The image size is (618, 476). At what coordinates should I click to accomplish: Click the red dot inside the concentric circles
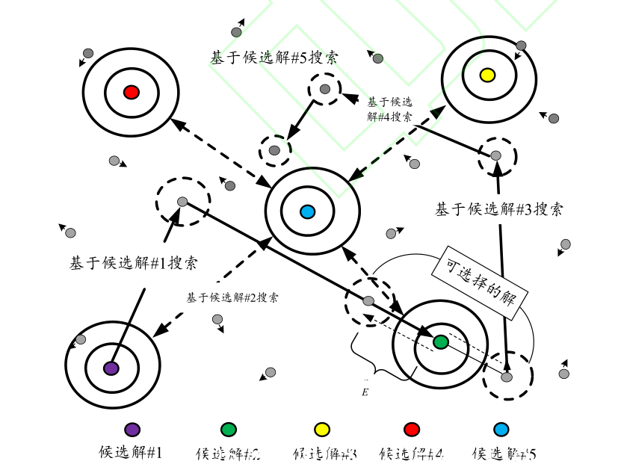(131, 93)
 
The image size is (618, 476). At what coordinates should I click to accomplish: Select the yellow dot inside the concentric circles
(487, 75)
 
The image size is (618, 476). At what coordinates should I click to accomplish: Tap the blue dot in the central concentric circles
(306, 212)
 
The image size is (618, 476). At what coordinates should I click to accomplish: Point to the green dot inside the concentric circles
(441, 342)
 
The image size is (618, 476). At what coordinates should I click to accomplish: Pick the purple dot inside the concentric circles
(111, 368)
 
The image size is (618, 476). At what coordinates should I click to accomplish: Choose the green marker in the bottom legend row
(229, 429)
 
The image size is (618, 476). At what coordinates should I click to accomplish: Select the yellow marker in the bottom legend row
(322, 429)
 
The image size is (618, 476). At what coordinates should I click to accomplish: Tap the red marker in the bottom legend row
(411, 429)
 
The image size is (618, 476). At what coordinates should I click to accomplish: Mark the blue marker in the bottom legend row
(501, 429)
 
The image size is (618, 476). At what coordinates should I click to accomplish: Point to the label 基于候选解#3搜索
(498, 209)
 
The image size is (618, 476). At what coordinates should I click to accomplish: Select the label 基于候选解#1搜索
(134, 263)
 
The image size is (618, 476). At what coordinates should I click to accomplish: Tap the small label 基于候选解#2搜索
(232, 297)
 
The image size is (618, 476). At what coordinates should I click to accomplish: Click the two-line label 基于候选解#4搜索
(389, 109)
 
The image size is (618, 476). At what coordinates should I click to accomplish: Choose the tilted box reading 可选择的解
(482, 277)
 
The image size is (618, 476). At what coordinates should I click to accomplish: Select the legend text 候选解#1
(131, 452)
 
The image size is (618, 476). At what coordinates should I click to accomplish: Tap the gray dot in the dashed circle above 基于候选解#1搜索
(182, 201)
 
